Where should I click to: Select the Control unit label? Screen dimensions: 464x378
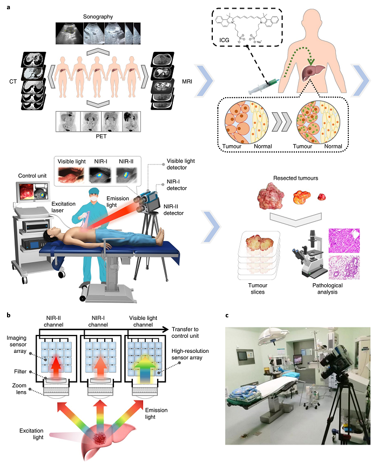[35, 175]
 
